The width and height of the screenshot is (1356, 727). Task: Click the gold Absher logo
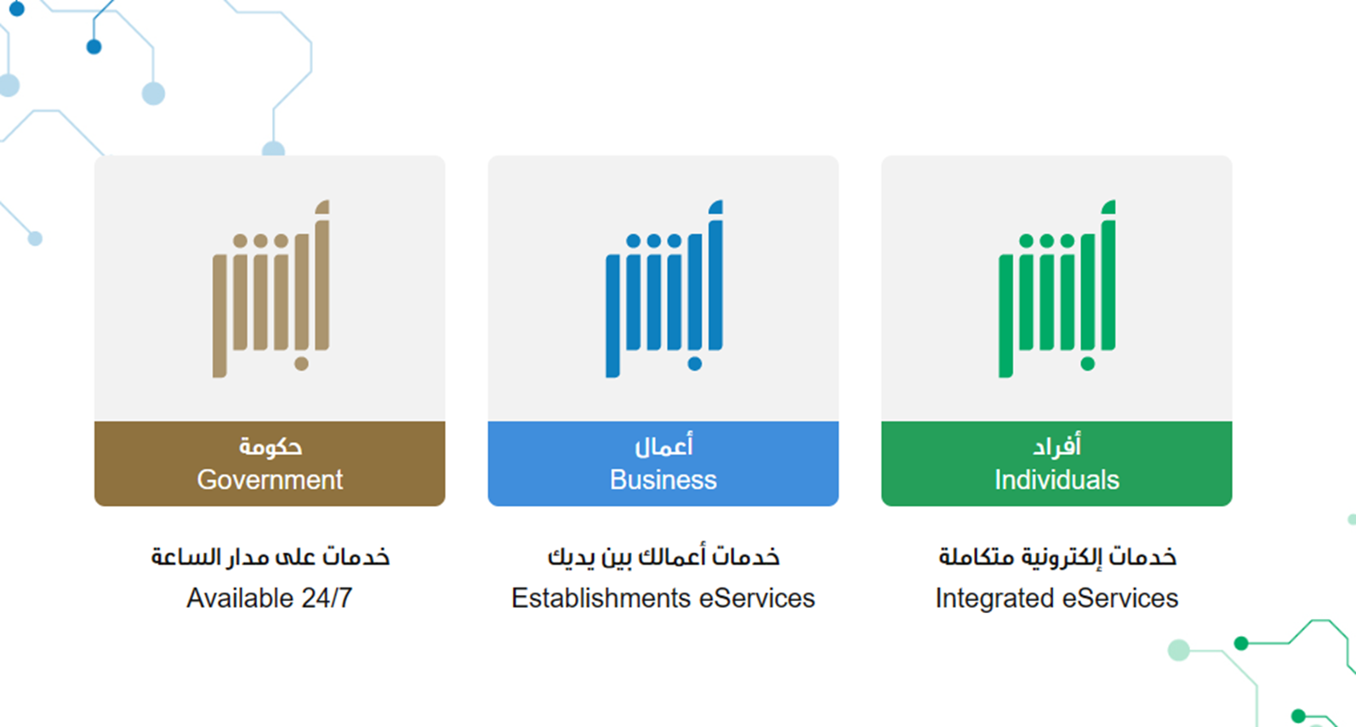(x=271, y=289)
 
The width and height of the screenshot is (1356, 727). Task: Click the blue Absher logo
(x=664, y=289)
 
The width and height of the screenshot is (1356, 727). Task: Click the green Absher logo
(x=1057, y=289)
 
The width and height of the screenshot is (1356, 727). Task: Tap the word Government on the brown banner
(x=270, y=480)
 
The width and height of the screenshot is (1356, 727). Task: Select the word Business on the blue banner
(x=664, y=480)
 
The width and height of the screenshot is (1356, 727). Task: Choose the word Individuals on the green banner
(x=1057, y=480)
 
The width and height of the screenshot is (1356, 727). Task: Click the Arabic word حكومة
(x=270, y=446)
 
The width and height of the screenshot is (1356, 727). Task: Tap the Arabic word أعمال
(x=664, y=446)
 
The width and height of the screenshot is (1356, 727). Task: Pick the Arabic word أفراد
(x=1057, y=446)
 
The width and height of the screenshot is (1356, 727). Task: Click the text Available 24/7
(x=270, y=598)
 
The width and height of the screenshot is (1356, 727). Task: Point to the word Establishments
(x=601, y=598)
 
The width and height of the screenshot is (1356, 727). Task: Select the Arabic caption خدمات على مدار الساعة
(x=270, y=556)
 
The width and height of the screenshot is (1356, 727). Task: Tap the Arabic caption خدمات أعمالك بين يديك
(x=664, y=556)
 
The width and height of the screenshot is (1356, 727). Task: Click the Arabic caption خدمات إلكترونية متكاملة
(x=1057, y=556)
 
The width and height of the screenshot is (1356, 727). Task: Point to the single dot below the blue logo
(x=695, y=364)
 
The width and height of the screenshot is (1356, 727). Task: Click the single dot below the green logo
(x=1087, y=364)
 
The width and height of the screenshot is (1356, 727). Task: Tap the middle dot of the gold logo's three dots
(x=261, y=241)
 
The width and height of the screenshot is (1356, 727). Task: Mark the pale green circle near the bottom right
(x=1178, y=650)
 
